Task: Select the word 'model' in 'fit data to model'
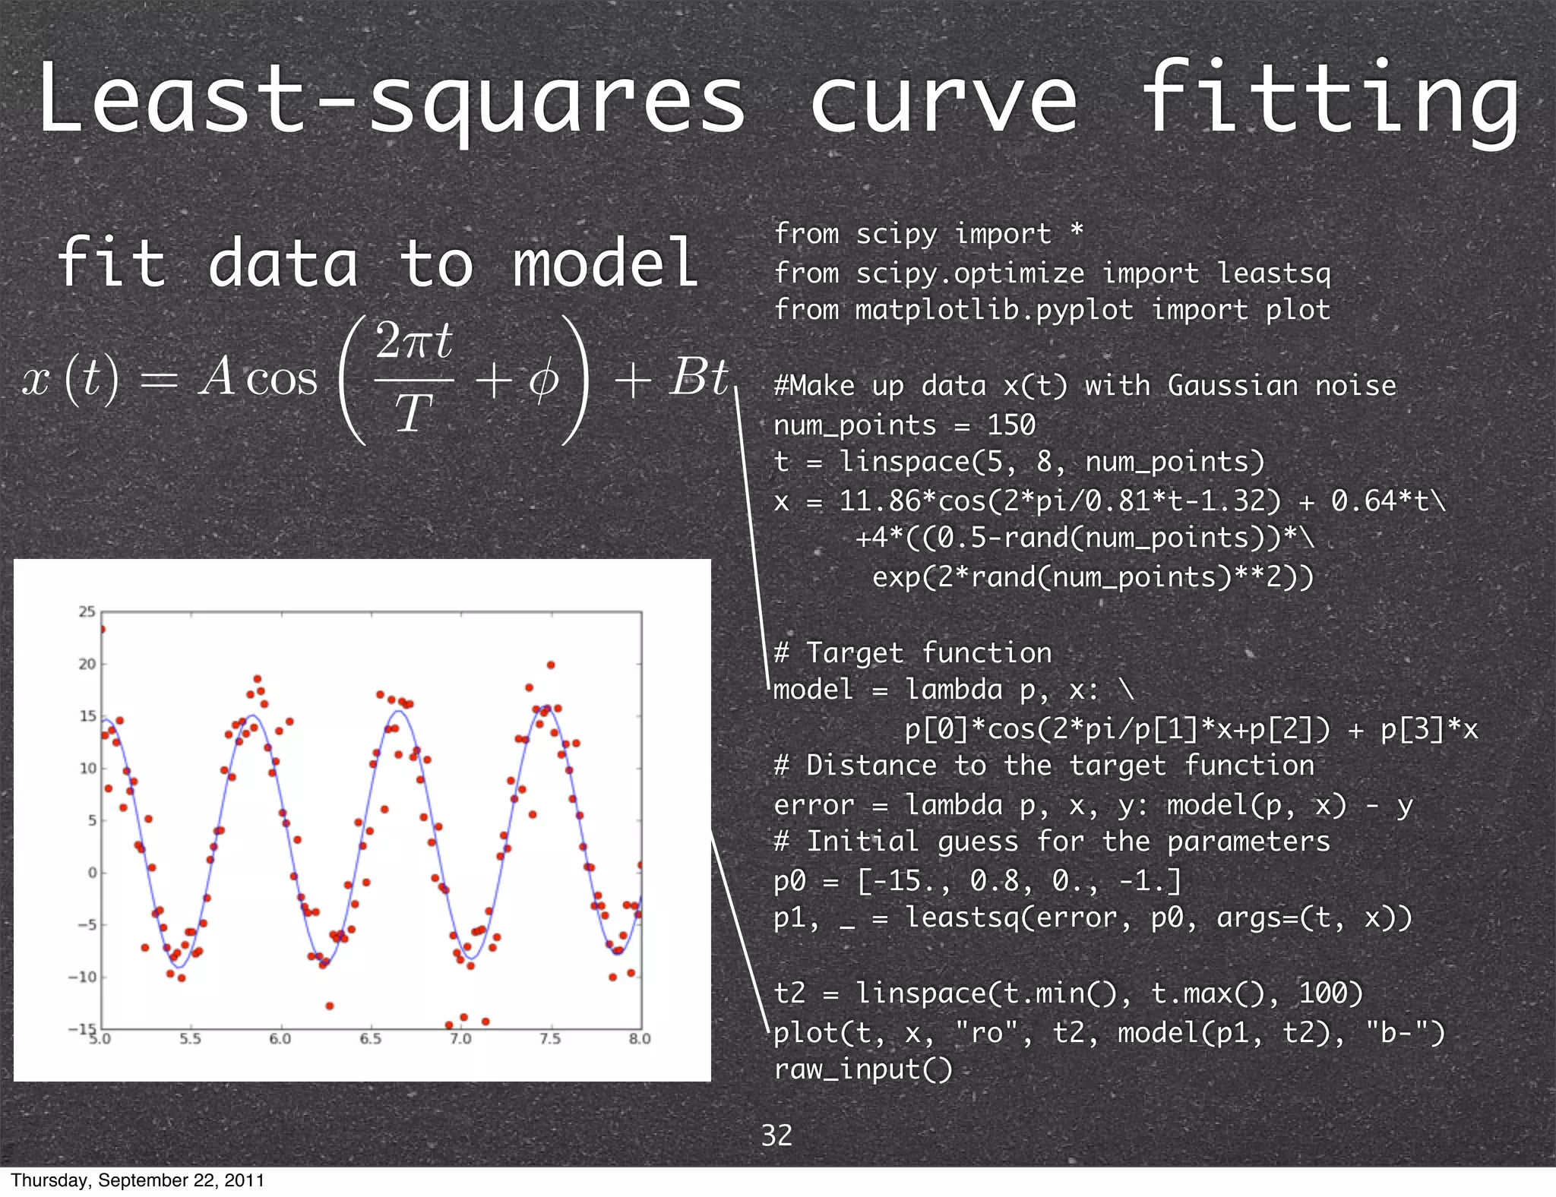pyautogui.click(x=606, y=263)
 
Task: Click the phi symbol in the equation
pyautogui.click(x=543, y=378)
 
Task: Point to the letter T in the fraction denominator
pyautogui.click(x=413, y=414)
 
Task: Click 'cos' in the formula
pyautogui.click(x=282, y=378)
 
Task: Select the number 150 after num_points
pyautogui.click(x=1011, y=425)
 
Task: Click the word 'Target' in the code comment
pyautogui.click(x=855, y=652)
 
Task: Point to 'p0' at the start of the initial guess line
pyautogui.click(x=789, y=881)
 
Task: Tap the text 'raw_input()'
pyautogui.click(x=862, y=1069)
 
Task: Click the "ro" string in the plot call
pyautogui.click(x=986, y=1032)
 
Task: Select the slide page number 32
pyautogui.click(x=776, y=1135)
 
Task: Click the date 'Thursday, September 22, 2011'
pyautogui.click(x=138, y=1180)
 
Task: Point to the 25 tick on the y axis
pyautogui.click(x=87, y=612)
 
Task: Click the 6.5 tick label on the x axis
pyautogui.click(x=370, y=1038)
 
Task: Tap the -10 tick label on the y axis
pyautogui.click(x=83, y=977)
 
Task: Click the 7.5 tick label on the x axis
pyautogui.click(x=550, y=1038)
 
